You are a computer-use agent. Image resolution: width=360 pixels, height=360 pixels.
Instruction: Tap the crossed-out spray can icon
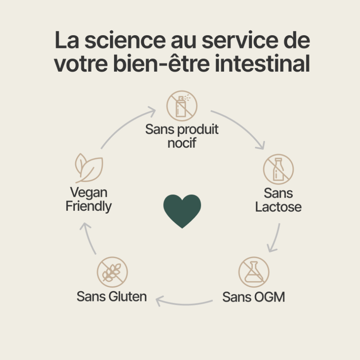click(x=182, y=106)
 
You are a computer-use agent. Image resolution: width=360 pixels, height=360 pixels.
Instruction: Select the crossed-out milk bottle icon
click(x=278, y=169)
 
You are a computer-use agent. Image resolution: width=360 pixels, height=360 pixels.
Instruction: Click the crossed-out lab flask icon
click(x=254, y=272)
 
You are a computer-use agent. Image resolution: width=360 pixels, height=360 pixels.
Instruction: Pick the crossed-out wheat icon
click(x=112, y=272)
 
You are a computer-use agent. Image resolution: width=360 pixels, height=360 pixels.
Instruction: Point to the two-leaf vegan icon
click(x=89, y=168)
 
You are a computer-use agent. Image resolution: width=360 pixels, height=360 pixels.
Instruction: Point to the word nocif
click(x=182, y=143)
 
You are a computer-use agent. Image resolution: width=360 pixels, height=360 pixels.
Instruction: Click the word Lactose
click(x=278, y=207)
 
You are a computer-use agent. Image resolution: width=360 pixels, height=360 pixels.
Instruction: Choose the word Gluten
click(x=128, y=296)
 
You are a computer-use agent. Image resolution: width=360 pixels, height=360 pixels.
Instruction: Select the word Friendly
click(x=89, y=206)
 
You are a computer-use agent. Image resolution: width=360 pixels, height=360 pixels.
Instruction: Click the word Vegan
click(x=89, y=193)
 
